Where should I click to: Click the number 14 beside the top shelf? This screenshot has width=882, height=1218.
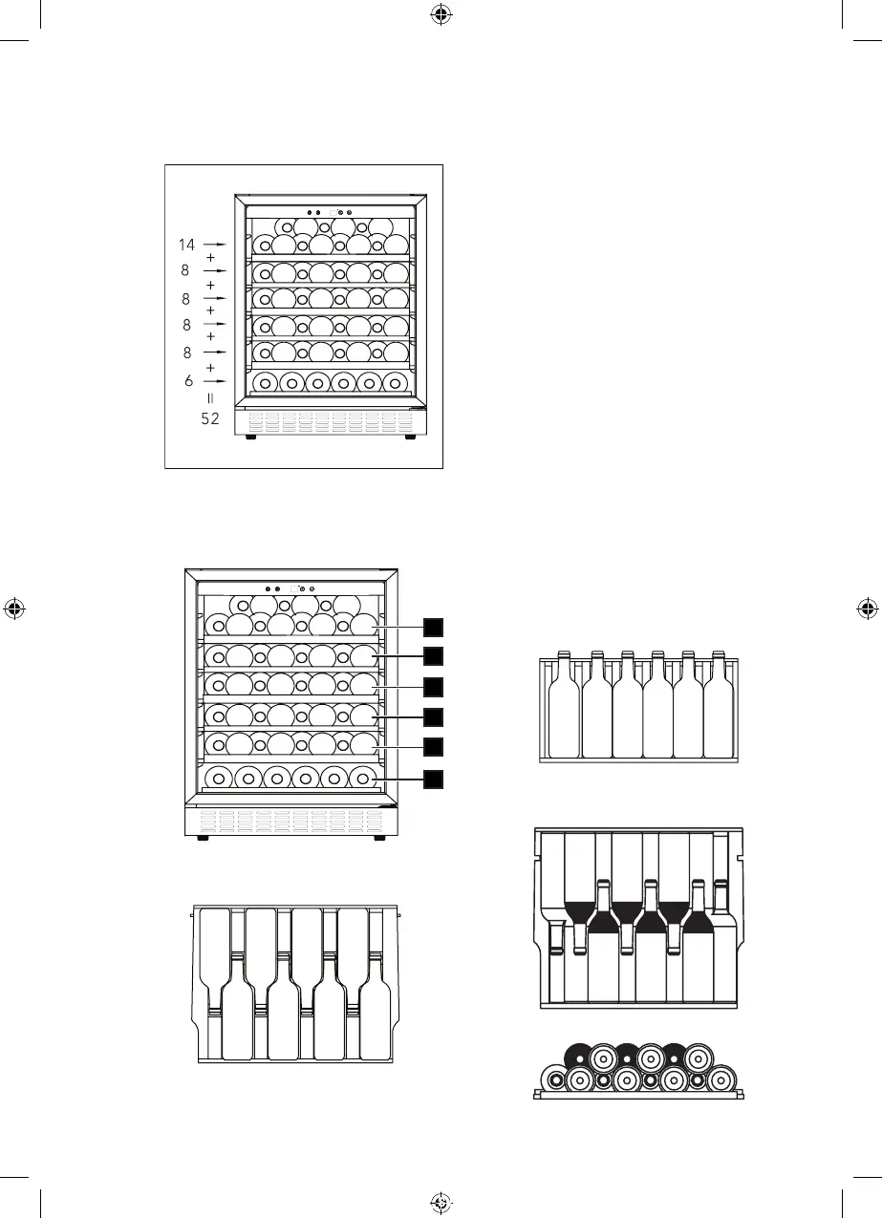point(186,245)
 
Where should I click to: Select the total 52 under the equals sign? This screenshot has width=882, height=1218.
point(210,417)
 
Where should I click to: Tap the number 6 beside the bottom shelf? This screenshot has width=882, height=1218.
point(188,381)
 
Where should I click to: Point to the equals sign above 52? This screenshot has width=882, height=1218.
point(210,396)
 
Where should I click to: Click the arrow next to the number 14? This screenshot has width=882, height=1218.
point(215,245)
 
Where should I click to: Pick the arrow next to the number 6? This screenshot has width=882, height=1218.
point(215,381)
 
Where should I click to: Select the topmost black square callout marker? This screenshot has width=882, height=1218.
point(434,626)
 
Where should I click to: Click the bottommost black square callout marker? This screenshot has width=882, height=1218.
point(434,780)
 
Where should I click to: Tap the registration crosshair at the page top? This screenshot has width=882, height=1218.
point(440,13)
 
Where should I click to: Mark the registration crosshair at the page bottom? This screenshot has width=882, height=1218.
point(440,1204)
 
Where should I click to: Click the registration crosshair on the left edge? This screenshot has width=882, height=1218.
point(13,609)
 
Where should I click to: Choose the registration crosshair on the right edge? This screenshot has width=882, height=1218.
point(868,609)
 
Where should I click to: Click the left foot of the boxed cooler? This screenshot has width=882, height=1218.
point(250,438)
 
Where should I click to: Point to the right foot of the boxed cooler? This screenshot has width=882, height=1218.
point(409,438)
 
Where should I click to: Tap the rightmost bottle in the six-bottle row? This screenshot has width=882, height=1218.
point(718,707)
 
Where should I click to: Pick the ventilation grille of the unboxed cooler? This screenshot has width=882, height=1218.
point(290,821)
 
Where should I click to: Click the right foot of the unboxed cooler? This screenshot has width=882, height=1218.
point(379,839)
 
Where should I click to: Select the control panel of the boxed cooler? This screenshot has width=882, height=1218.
point(330,212)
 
